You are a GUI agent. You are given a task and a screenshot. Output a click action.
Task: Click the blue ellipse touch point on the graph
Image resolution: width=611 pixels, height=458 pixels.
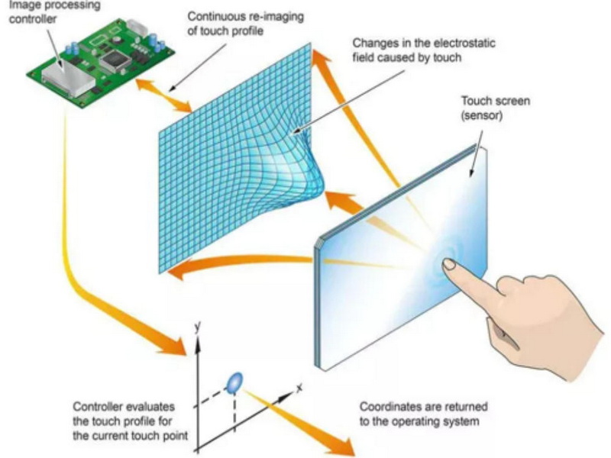pos(234,379)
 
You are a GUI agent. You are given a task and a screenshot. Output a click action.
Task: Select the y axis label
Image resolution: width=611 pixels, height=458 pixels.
pos(196,326)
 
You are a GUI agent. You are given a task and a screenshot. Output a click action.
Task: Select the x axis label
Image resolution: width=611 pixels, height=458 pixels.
pos(299,389)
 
